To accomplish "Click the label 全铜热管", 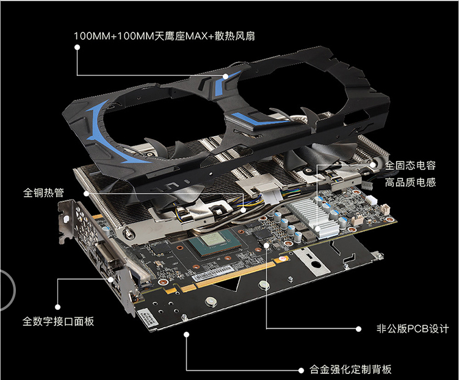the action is (x=43, y=193).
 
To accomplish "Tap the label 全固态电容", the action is (x=410, y=165).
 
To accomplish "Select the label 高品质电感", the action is (x=410, y=182).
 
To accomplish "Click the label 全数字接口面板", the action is (x=58, y=321).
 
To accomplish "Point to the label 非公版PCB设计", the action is (x=413, y=329).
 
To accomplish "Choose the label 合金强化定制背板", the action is (x=350, y=370).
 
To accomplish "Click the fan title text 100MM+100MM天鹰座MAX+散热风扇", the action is (x=164, y=36).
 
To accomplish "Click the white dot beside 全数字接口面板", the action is (x=57, y=307).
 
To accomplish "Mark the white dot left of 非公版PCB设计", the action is (x=358, y=329).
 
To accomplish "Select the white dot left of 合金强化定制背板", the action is (x=301, y=370).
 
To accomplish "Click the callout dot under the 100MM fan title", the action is (x=78, y=47).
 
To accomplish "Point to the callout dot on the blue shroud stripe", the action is (x=225, y=76).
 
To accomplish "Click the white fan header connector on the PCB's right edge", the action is (x=371, y=199).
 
